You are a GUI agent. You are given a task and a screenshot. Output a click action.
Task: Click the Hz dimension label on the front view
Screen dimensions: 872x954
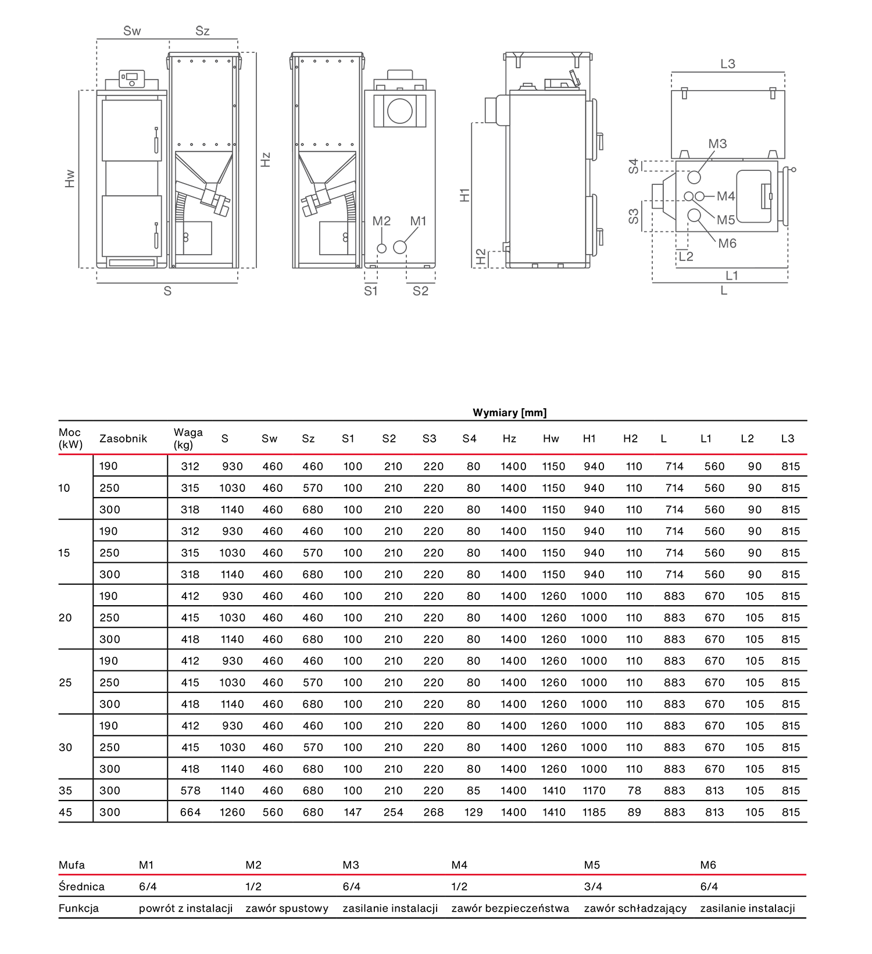point(266,159)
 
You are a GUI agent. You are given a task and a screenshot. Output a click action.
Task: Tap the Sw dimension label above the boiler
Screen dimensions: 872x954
point(132,31)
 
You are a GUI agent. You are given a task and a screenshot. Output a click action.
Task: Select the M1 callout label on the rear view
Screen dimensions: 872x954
point(418,221)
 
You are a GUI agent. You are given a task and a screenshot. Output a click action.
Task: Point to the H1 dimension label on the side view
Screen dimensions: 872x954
point(464,195)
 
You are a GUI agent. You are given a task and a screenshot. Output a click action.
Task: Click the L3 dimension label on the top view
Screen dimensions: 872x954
point(728,64)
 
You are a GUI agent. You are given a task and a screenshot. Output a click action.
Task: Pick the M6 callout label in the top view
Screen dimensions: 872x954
point(727,244)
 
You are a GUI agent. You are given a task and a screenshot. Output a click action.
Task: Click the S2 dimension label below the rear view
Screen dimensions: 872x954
point(420,291)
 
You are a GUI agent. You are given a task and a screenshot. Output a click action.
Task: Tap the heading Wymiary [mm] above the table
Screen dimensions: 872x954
point(509,413)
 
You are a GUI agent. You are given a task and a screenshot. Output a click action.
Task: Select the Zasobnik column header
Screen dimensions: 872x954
point(123,438)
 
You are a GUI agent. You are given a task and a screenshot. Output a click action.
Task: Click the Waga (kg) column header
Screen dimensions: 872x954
point(188,438)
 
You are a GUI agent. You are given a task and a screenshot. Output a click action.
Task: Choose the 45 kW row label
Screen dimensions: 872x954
point(65,812)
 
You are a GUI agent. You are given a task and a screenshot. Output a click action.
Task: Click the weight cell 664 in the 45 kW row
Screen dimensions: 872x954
point(190,812)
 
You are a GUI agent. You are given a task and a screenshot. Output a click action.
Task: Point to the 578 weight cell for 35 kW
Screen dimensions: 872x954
point(190,791)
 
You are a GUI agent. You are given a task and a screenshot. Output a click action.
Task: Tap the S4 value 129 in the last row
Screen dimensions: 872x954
point(473,812)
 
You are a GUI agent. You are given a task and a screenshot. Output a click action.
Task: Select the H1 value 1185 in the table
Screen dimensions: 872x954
point(594,812)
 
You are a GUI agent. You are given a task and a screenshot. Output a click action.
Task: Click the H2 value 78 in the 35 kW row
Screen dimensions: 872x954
point(634,791)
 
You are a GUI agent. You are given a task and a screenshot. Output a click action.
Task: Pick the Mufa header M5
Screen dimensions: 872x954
point(592,865)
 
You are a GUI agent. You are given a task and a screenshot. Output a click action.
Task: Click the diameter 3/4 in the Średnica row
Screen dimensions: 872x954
point(593,887)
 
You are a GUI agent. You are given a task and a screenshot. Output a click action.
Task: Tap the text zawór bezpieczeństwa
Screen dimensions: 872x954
point(510,908)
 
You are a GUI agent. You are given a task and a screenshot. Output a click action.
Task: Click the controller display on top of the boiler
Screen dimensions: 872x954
point(132,76)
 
